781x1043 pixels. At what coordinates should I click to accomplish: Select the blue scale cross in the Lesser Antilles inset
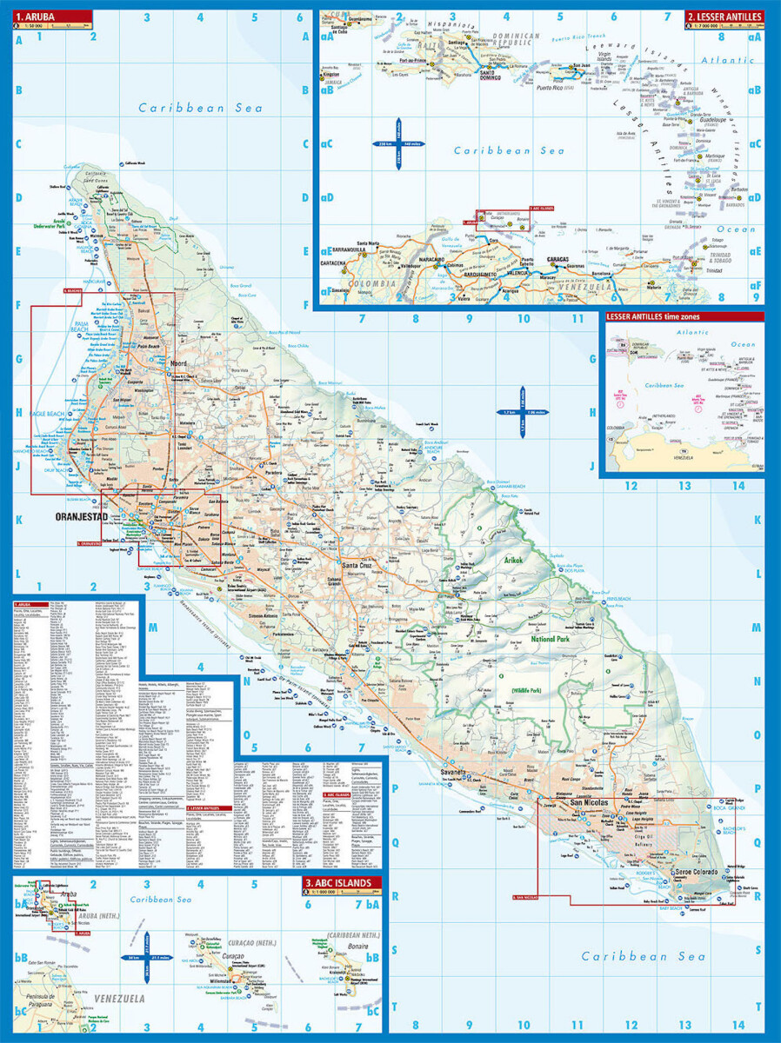point(399,143)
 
